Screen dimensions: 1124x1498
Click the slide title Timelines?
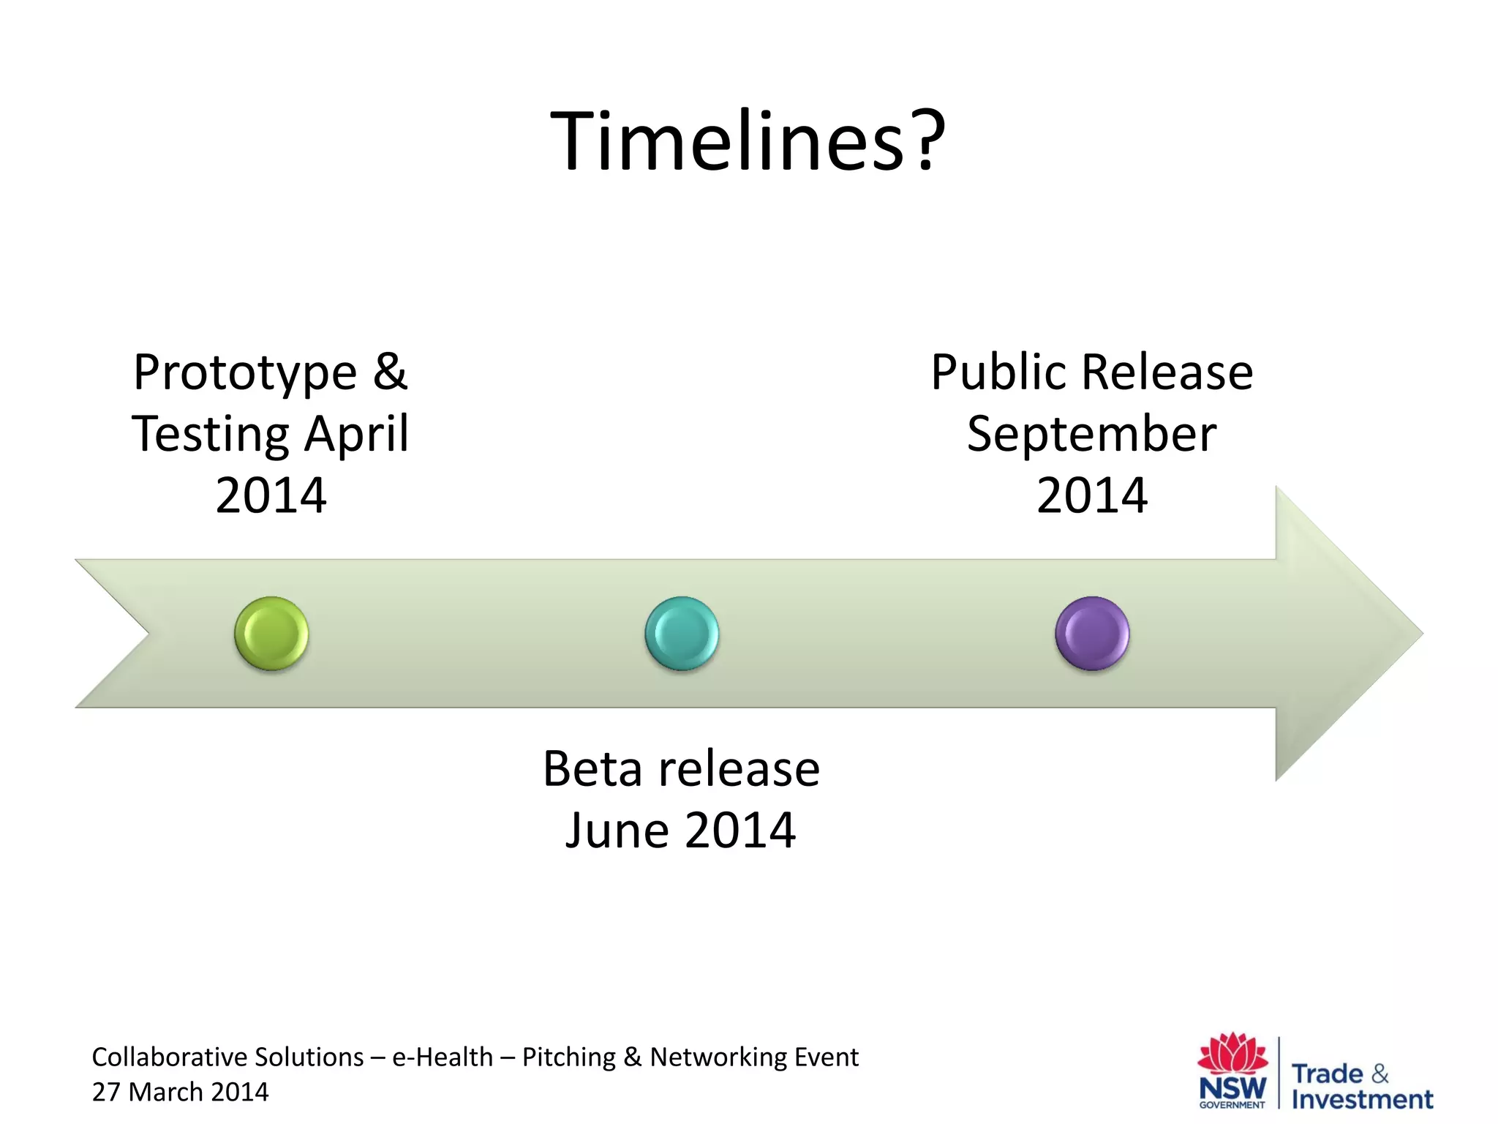[748, 140]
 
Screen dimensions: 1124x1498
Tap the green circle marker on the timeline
[271, 633]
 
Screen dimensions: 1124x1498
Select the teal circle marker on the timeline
[682, 633]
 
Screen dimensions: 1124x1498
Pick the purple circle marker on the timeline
[1092, 633]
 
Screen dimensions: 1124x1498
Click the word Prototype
[245, 373]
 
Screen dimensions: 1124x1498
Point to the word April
[356, 434]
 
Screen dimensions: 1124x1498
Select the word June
[617, 831]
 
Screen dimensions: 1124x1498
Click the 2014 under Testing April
[271, 496]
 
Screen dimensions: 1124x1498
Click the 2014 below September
[1091, 496]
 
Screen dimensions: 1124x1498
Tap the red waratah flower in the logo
[1233, 1054]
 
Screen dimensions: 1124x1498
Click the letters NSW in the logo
[1232, 1087]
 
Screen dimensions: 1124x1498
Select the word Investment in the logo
[1362, 1099]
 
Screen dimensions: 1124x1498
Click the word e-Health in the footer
[443, 1057]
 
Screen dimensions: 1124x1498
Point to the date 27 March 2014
[180, 1092]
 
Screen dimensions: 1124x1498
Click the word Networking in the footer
[706, 1057]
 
